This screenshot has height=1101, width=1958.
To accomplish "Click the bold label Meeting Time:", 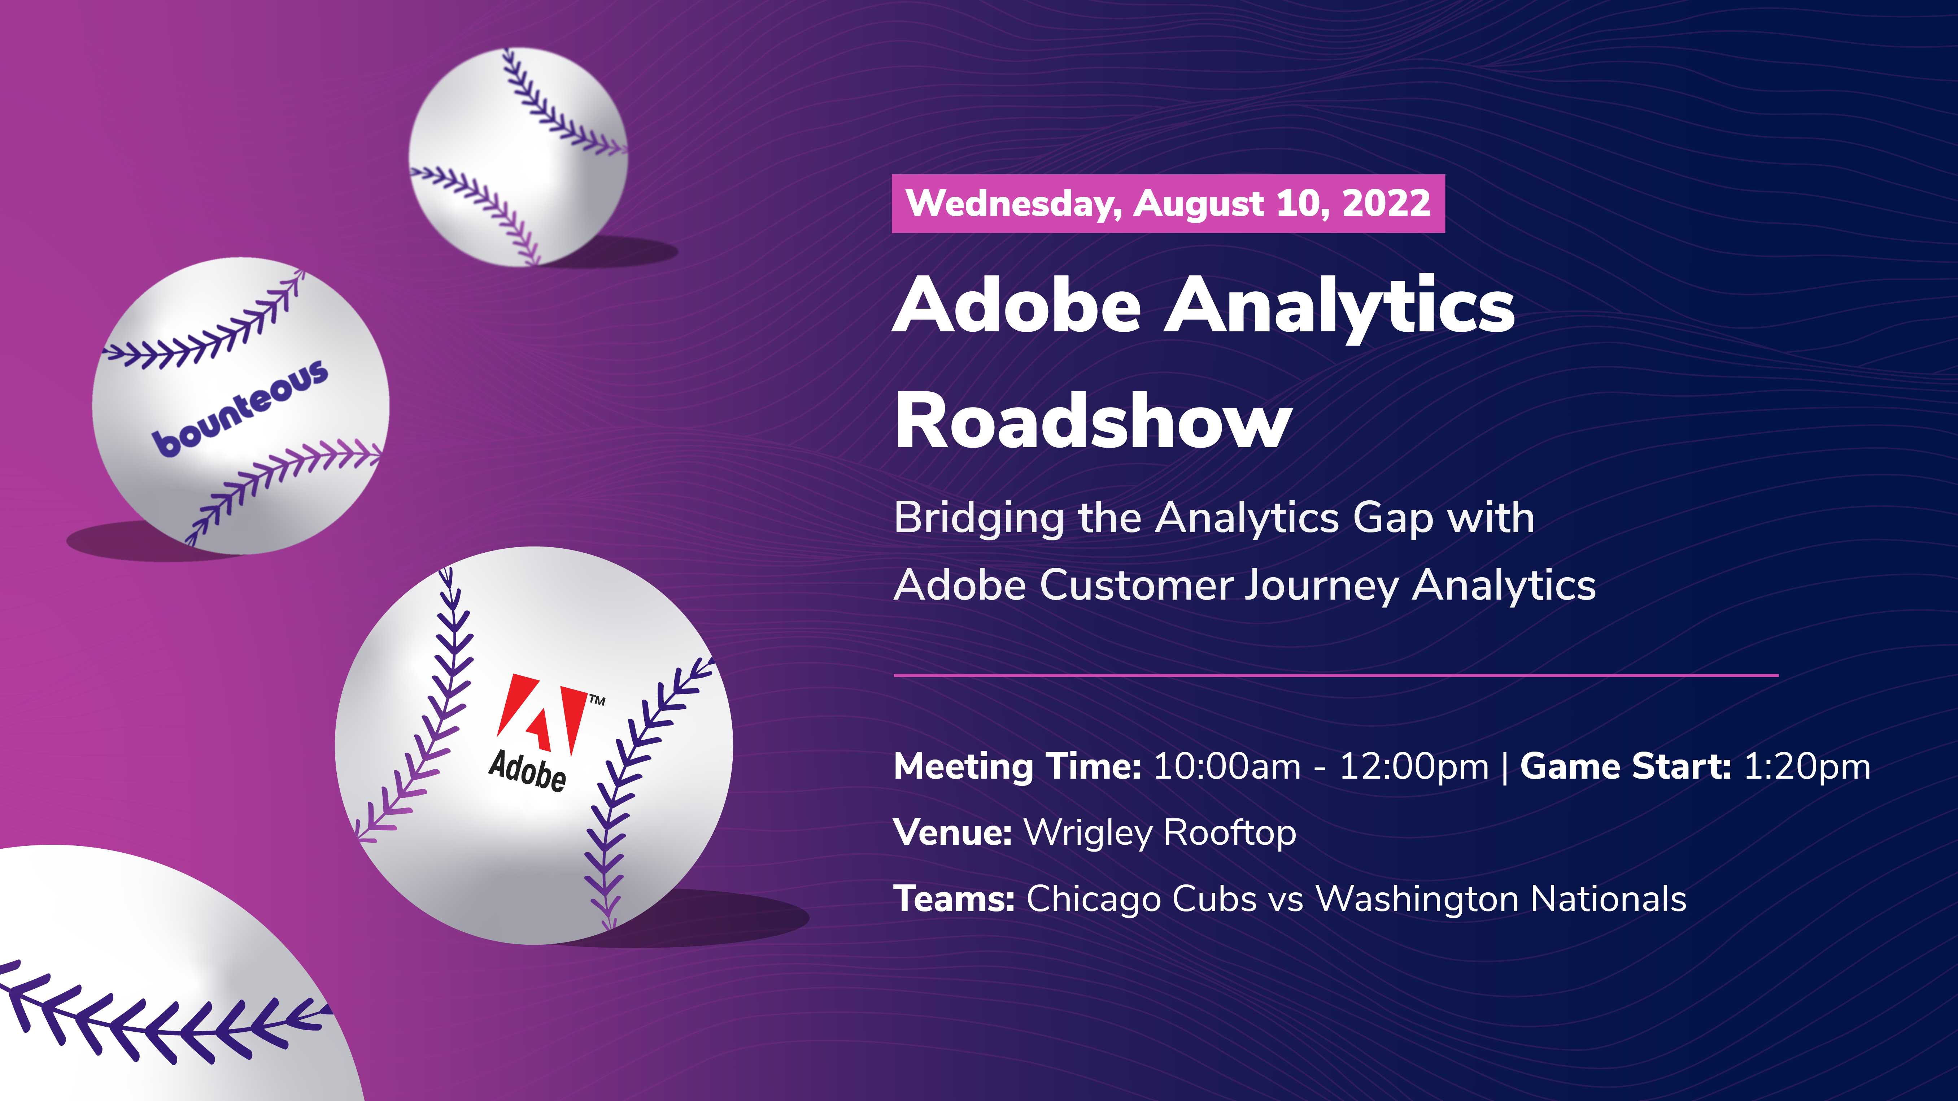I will [1017, 766].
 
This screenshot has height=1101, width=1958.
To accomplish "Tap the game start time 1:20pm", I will [1807, 766].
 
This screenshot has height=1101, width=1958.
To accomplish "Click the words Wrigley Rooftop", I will [1160, 832].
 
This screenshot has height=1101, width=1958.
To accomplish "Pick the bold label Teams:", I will [954, 899].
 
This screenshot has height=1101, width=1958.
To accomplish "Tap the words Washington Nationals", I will [1501, 899].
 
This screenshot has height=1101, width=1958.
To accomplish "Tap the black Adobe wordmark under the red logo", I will [527, 770].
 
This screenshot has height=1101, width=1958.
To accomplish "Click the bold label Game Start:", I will [1625, 766].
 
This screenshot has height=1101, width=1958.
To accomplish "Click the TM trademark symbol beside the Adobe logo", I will [597, 700].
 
